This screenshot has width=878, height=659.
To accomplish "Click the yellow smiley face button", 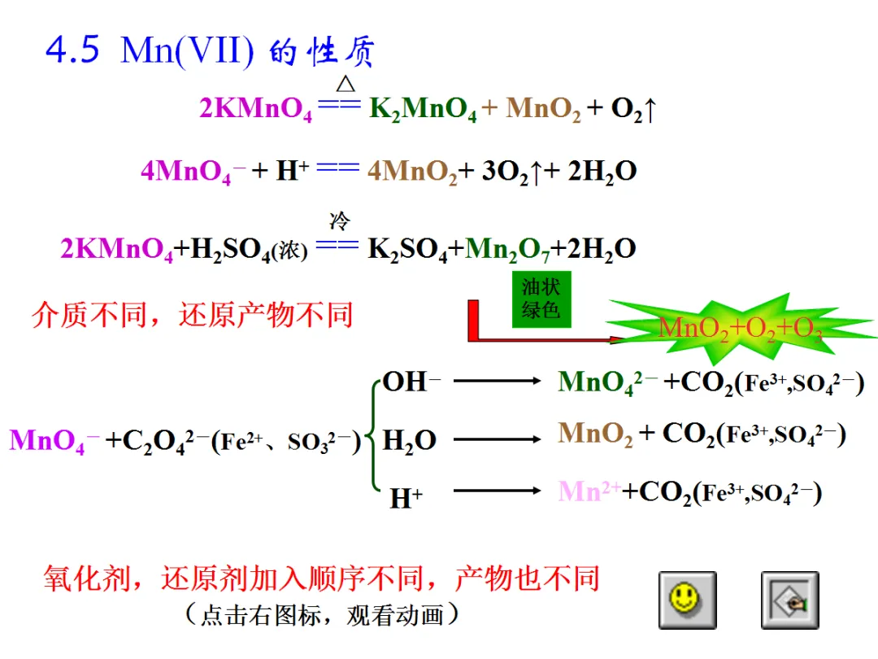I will click(687, 600).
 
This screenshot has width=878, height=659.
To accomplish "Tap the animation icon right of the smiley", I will click(789, 600).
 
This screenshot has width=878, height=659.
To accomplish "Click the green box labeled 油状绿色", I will click(541, 299).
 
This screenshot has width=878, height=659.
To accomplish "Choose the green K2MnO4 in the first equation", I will click(423, 109).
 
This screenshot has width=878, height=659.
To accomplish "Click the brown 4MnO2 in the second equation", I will click(412, 172).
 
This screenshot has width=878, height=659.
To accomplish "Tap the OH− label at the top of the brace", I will click(411, 382).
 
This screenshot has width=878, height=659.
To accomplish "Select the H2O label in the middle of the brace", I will click(409, 441).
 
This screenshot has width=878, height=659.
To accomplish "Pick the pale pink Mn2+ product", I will click(589, 491).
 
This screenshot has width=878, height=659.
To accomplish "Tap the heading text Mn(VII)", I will click(187, 52).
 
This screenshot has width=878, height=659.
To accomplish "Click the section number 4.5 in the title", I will click(73, 51).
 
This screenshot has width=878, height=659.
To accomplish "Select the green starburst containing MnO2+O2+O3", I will click(740, 327).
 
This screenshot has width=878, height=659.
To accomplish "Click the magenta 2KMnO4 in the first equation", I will click(256, 109).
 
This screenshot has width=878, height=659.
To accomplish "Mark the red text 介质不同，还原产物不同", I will click(193, 315).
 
